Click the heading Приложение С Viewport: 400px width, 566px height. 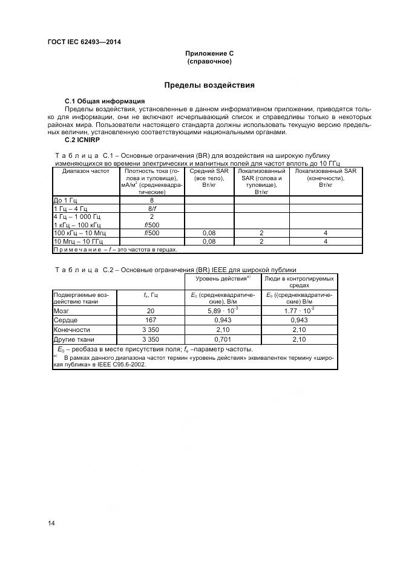(x=209, y=54)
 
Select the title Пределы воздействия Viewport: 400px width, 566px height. (x=209, y=85)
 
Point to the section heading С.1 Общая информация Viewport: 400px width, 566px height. (x=105, y=100)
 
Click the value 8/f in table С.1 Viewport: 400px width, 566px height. (x=152, y=207)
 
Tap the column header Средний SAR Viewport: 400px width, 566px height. (x=209, y=172)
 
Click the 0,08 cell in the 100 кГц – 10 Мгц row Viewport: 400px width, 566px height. (x=209, y=232)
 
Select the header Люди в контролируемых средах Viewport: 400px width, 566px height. (x=299, y=282)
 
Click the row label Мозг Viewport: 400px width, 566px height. (x=62, y=311)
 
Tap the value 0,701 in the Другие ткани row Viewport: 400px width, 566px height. (x=222, y=339)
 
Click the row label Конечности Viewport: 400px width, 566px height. (x=72, y=330)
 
